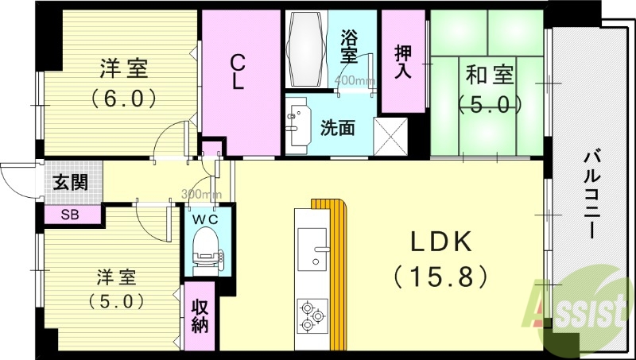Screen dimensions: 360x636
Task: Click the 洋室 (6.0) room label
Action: [122, 83]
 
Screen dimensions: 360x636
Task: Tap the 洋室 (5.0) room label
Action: [116, 289]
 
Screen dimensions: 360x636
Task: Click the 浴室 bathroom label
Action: [349, 46]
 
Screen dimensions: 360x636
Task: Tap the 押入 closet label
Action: [404, 62]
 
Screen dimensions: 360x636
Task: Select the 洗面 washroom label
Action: [337, 126]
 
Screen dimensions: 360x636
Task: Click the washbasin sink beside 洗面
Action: [299, 125]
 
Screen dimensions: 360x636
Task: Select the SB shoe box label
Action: [72, 213]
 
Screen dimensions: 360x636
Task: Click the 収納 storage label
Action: [199, 314]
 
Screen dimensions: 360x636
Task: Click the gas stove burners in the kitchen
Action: [312, 316]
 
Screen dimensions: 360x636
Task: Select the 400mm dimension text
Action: [355, 80]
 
